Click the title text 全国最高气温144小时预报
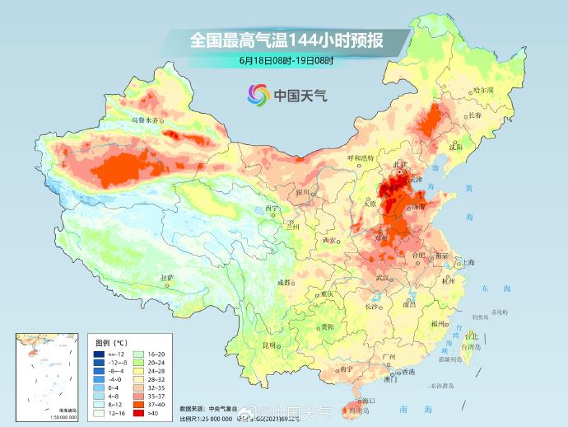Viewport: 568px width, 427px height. pyautogui.click(x=286, y=39)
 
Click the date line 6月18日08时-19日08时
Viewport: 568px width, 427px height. pyautogui.click(x=286, y=60)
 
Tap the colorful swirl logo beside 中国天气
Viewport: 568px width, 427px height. pyautogui.click(x=257, y=95)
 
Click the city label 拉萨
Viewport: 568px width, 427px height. pyautogui.click(x=166, y=278)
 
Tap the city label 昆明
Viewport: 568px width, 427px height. pyautogui.click(x=268, y=345)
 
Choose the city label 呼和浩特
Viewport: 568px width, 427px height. pyautogui.click(x=360, y=157)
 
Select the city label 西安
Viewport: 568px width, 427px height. pyautogui.click(x=330, y=240)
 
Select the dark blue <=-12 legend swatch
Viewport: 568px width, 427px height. pyautogui.click(x=98, y=352)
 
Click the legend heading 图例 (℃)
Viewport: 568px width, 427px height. pyautogui.click(x=110, y=341)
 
